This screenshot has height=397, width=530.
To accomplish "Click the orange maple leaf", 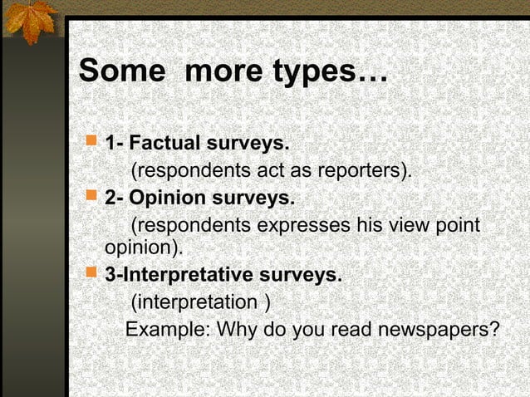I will coord(28,21).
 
